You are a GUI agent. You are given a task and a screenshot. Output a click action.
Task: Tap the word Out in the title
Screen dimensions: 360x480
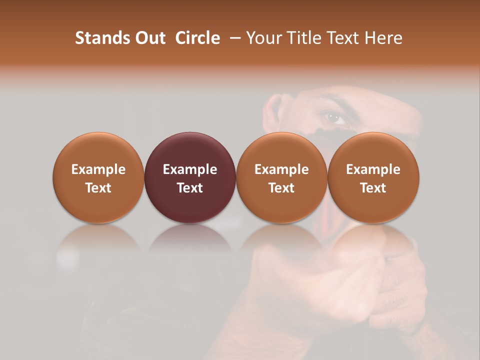[149, 38]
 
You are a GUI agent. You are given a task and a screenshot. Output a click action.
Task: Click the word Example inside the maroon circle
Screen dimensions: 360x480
[190, 169]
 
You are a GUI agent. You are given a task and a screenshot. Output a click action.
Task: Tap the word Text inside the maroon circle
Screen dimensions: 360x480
[190, 188]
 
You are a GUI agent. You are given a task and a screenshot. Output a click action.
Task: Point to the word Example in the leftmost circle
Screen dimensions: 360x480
[98, 169]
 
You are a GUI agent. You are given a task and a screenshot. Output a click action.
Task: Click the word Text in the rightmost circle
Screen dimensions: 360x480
[373, 188]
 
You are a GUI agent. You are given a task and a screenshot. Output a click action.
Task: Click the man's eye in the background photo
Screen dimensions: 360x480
[334, 118]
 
